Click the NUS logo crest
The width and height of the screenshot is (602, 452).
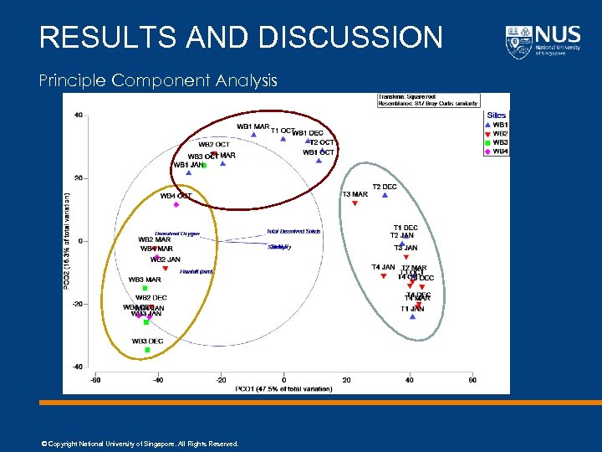tap(518, 41)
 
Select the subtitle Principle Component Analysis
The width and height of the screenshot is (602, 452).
tap(158, 80)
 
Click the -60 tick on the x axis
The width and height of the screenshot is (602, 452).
tap(95, 380)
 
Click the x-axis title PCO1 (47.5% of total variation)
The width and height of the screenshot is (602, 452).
tap(283, 388)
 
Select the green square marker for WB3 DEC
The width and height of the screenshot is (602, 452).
tap(147, 350)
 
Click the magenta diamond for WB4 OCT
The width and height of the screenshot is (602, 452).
tap(176, 205)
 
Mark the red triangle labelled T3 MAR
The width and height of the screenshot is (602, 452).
tap(355, 203)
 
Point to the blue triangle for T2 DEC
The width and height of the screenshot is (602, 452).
tap(385, 195)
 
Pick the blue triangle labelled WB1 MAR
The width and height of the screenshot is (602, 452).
tap(253, 135)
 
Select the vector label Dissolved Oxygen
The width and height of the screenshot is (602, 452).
tap(177, 234)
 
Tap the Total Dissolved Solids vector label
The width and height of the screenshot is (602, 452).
tap(293, 231)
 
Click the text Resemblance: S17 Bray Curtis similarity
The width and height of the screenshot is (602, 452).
tap(428, 104)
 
